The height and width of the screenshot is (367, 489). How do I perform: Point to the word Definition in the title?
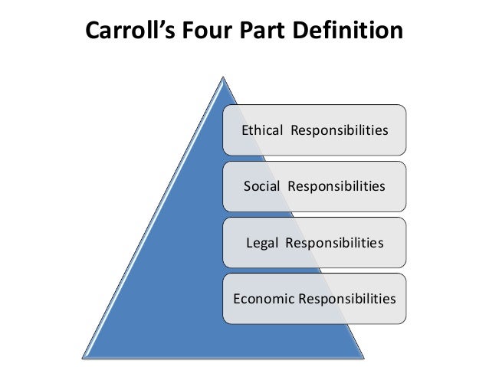click(343, 32)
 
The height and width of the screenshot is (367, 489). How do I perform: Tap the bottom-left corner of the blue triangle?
click(83, 356)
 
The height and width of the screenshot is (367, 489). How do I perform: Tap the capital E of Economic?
click(235, 298)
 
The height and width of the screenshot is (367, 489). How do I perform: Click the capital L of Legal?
click(248, 243)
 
